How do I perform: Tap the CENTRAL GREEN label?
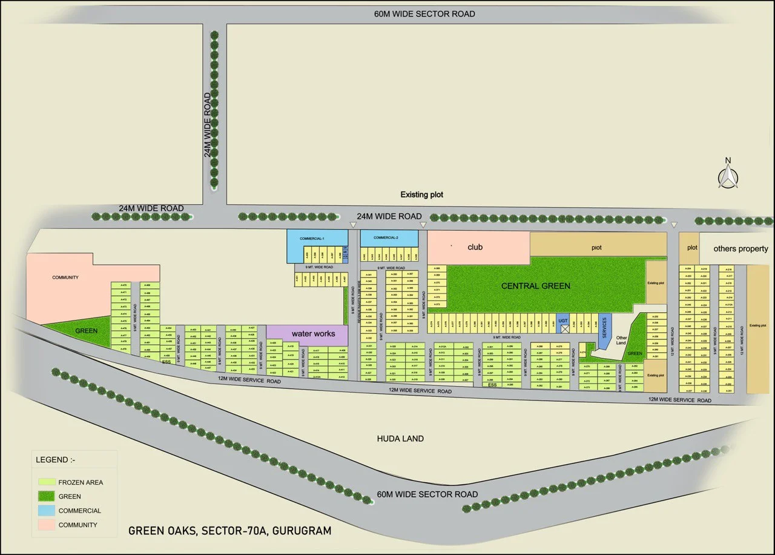(x=536, y=285)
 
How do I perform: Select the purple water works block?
(x=308, y=334)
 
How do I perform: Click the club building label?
(x=475, y=247)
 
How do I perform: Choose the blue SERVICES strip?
(x=604, y=327)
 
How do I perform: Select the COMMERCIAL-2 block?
(x=389, y=238)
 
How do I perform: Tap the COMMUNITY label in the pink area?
(x=65, y=277)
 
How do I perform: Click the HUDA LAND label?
(x=400, y=438)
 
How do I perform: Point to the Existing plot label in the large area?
(x=421, y=194)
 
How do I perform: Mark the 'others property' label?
(x=740, y=248)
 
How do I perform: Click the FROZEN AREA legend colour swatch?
(x=47, y=482)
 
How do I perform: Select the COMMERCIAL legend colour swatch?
(x=47, y=511)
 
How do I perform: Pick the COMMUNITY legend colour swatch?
(x=47, y=525)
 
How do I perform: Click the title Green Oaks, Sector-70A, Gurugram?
(x=229, y=531)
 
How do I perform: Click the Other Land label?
(x=621, y=341)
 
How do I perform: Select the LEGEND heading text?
(x=52, y=460)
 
